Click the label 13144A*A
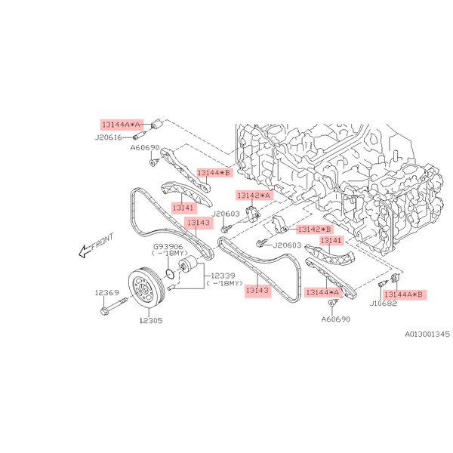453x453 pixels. click(121, 125)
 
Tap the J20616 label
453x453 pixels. click(108, 137)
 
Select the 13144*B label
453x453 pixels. click(214, 173)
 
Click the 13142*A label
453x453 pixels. click(254, 196)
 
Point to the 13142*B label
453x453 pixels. click(314, 230)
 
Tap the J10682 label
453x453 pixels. click(384, 304)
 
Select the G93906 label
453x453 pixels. click(168, 246)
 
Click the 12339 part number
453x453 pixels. click(223, 276)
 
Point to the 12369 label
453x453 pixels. click(107, 293)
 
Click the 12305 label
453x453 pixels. click(151, 320)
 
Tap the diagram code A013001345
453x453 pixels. click(427, 334)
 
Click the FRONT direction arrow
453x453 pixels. click(96, 245)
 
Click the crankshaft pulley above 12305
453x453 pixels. click(146, 288)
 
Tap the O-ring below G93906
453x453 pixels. click(170, 273)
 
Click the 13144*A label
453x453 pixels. click(322, 292)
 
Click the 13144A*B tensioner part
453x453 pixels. click(395, 278)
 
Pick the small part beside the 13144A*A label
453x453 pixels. click(157, 125)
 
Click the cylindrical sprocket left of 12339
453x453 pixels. click(187, 263)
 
